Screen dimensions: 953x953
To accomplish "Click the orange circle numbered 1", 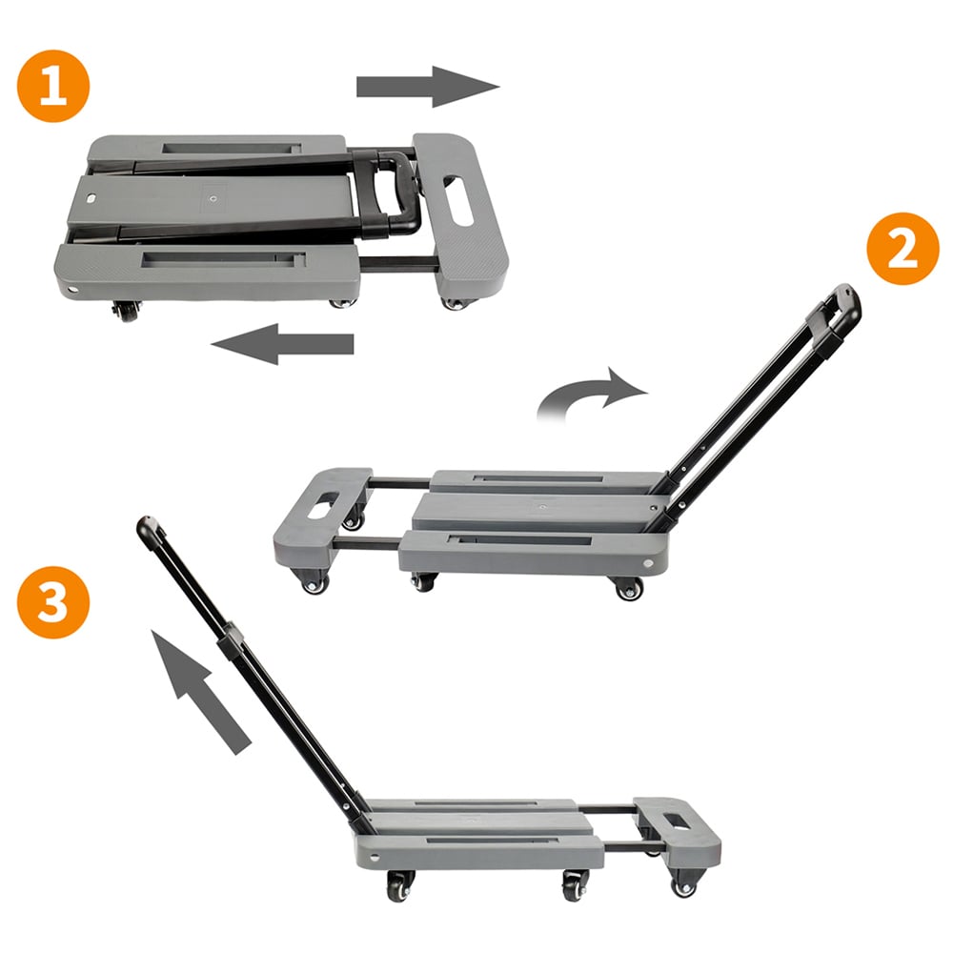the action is tap(52, 86).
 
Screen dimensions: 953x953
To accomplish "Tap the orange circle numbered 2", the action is tap(902, 249).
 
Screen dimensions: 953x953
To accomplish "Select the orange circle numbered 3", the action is tap(52, 602).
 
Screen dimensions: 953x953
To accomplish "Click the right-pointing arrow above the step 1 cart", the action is tap(428, 87).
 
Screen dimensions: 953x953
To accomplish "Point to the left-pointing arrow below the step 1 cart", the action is tap(282, 344).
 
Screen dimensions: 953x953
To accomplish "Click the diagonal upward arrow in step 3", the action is tap(200, 692).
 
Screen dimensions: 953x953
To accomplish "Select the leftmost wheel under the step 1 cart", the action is tap(127, 312).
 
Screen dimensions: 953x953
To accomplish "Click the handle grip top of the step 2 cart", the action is tap(837, 310).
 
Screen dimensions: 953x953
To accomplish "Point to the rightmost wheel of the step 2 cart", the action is tap(629, 588).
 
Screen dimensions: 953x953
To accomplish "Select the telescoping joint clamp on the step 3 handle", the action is tap(232, 640).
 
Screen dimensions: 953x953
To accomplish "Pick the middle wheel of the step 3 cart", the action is tap(575, 886).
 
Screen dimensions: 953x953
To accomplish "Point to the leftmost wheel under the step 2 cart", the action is tap(314, 582).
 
